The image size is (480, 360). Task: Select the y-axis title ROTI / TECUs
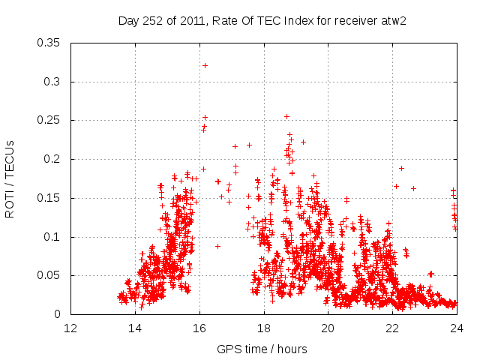[10, 178]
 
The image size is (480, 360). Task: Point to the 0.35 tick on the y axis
[52, 43]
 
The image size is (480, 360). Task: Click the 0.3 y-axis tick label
[55, 82]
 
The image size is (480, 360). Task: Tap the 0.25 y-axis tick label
[52, 120]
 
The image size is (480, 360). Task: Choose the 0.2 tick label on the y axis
[55, 159]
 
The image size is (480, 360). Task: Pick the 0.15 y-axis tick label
[52, 198]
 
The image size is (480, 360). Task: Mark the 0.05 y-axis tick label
[52, 275]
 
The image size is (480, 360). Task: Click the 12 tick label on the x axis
[70, 328]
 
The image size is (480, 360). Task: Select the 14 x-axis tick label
[135, 328]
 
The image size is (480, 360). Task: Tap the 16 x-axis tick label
[199, 328]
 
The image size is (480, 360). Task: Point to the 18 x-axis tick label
[264, 328]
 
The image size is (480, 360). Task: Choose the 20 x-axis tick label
[328, 328]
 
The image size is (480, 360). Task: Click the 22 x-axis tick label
[392, 328]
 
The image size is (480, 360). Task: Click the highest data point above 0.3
[205, 65]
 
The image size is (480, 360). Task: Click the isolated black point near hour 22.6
[413, 188]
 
